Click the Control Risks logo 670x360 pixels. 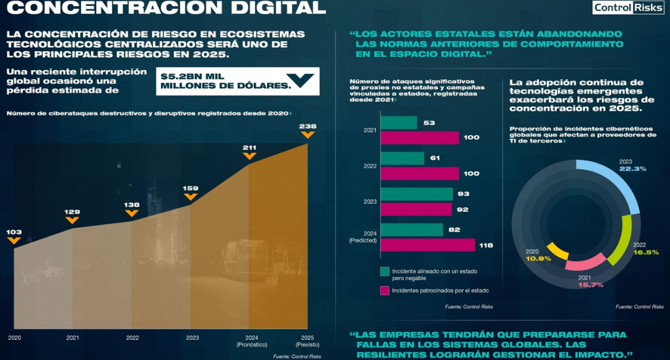click(x=627, y=7)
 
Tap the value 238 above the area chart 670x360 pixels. click(x=308, y=126)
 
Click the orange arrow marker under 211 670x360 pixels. click(x=249, y=156)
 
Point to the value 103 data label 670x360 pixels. click(x=14, y=232)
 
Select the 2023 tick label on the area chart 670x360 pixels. click(x=192, y=338)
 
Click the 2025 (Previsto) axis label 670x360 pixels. click(x=308, y=341)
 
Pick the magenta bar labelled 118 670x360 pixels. click(x=428, y=245)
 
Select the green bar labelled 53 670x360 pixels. click(x=398, y=122)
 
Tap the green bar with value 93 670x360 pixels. click(x=417, y=194)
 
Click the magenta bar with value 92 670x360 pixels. click(x=416, y=209)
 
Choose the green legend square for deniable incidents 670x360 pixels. click(x=385, y=272)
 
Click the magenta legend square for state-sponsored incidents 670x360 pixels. click(x=385, y=291)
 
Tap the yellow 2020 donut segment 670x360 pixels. click(x=557, y=251)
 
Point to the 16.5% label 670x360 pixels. click(x=646, y=252)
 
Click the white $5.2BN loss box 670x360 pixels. click(x=238, y=81)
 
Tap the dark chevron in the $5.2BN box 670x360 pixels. click(x=300, y=79)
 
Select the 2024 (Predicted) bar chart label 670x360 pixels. click(x=362, y=237)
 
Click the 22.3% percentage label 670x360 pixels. click(x=633, y=169)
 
